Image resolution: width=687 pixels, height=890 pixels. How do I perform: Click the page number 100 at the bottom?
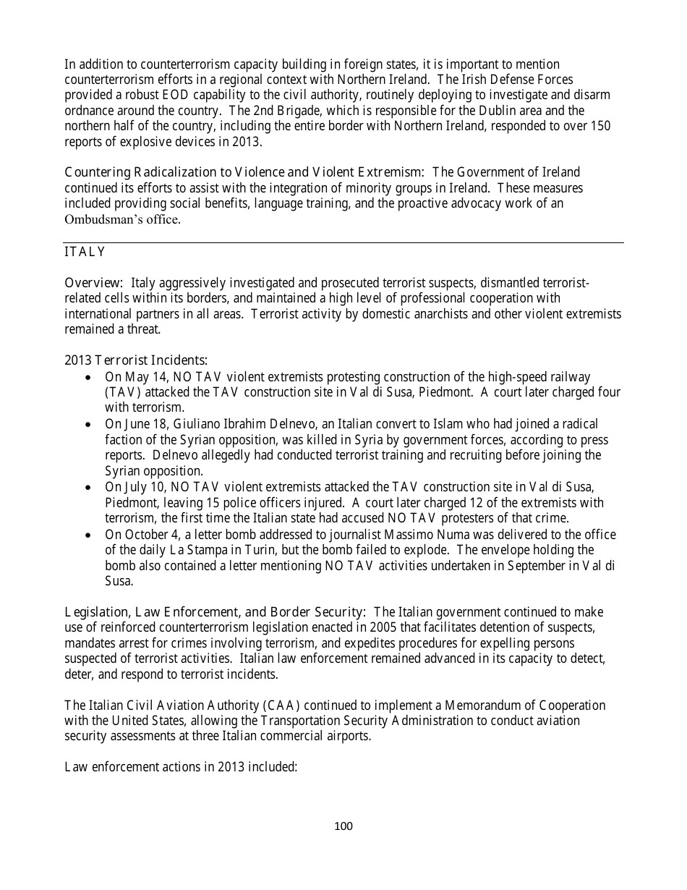point(343,826)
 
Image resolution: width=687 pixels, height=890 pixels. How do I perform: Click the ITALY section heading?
point(85,252)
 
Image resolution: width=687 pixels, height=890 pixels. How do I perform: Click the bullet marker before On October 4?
point(88,535)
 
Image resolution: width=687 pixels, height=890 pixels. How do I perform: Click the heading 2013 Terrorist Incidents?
point(136,360)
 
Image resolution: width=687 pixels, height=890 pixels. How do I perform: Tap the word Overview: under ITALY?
point(94,282)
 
